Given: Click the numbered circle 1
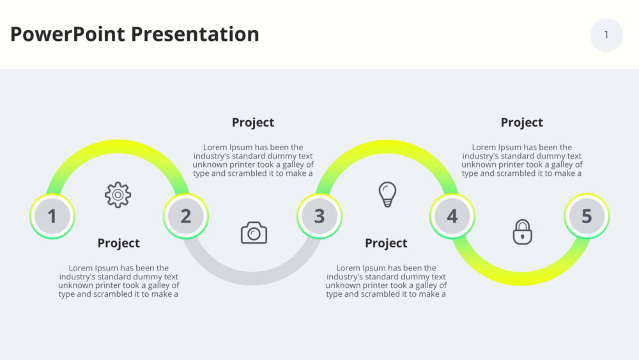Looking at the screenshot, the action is (x=52, y=216).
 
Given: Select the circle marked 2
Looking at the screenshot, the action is (x=186, y=216).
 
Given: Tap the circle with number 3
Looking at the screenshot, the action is (x=319, y=216).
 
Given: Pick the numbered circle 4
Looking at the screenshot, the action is (x=452, y=216).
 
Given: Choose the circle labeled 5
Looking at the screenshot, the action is (x=587, y=216).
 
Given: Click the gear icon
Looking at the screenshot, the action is (x=118, y=195).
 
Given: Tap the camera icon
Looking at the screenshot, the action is (x=254, y=233).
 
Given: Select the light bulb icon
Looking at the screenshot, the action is (x=387, y=194).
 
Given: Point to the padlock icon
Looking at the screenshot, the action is (x=523, y=232).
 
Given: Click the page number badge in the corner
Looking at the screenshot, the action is (x=606, y=35).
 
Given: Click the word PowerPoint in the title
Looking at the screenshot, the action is (x=68, y=35).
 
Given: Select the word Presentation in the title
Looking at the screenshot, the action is (x=195, y=35).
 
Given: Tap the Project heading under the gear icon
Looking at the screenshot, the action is (x=119, y=244).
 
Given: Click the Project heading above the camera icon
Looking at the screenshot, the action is (x=253, y=123).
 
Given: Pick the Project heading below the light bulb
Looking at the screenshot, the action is (x=386, y=244).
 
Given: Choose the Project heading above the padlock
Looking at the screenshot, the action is (x=521, y=123).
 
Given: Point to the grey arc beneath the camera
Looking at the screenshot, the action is (x=252, y=278).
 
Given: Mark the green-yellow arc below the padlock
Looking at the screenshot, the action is (x=521, y=278).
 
